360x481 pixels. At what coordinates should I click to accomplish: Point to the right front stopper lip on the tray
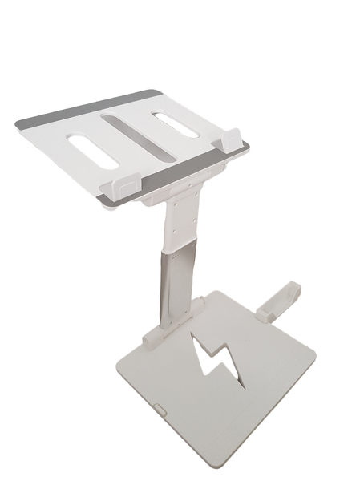[x=231, y=140]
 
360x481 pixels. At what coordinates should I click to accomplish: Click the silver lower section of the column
[x=178, y=281]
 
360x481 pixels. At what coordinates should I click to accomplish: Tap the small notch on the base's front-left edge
[x=160, y=410]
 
